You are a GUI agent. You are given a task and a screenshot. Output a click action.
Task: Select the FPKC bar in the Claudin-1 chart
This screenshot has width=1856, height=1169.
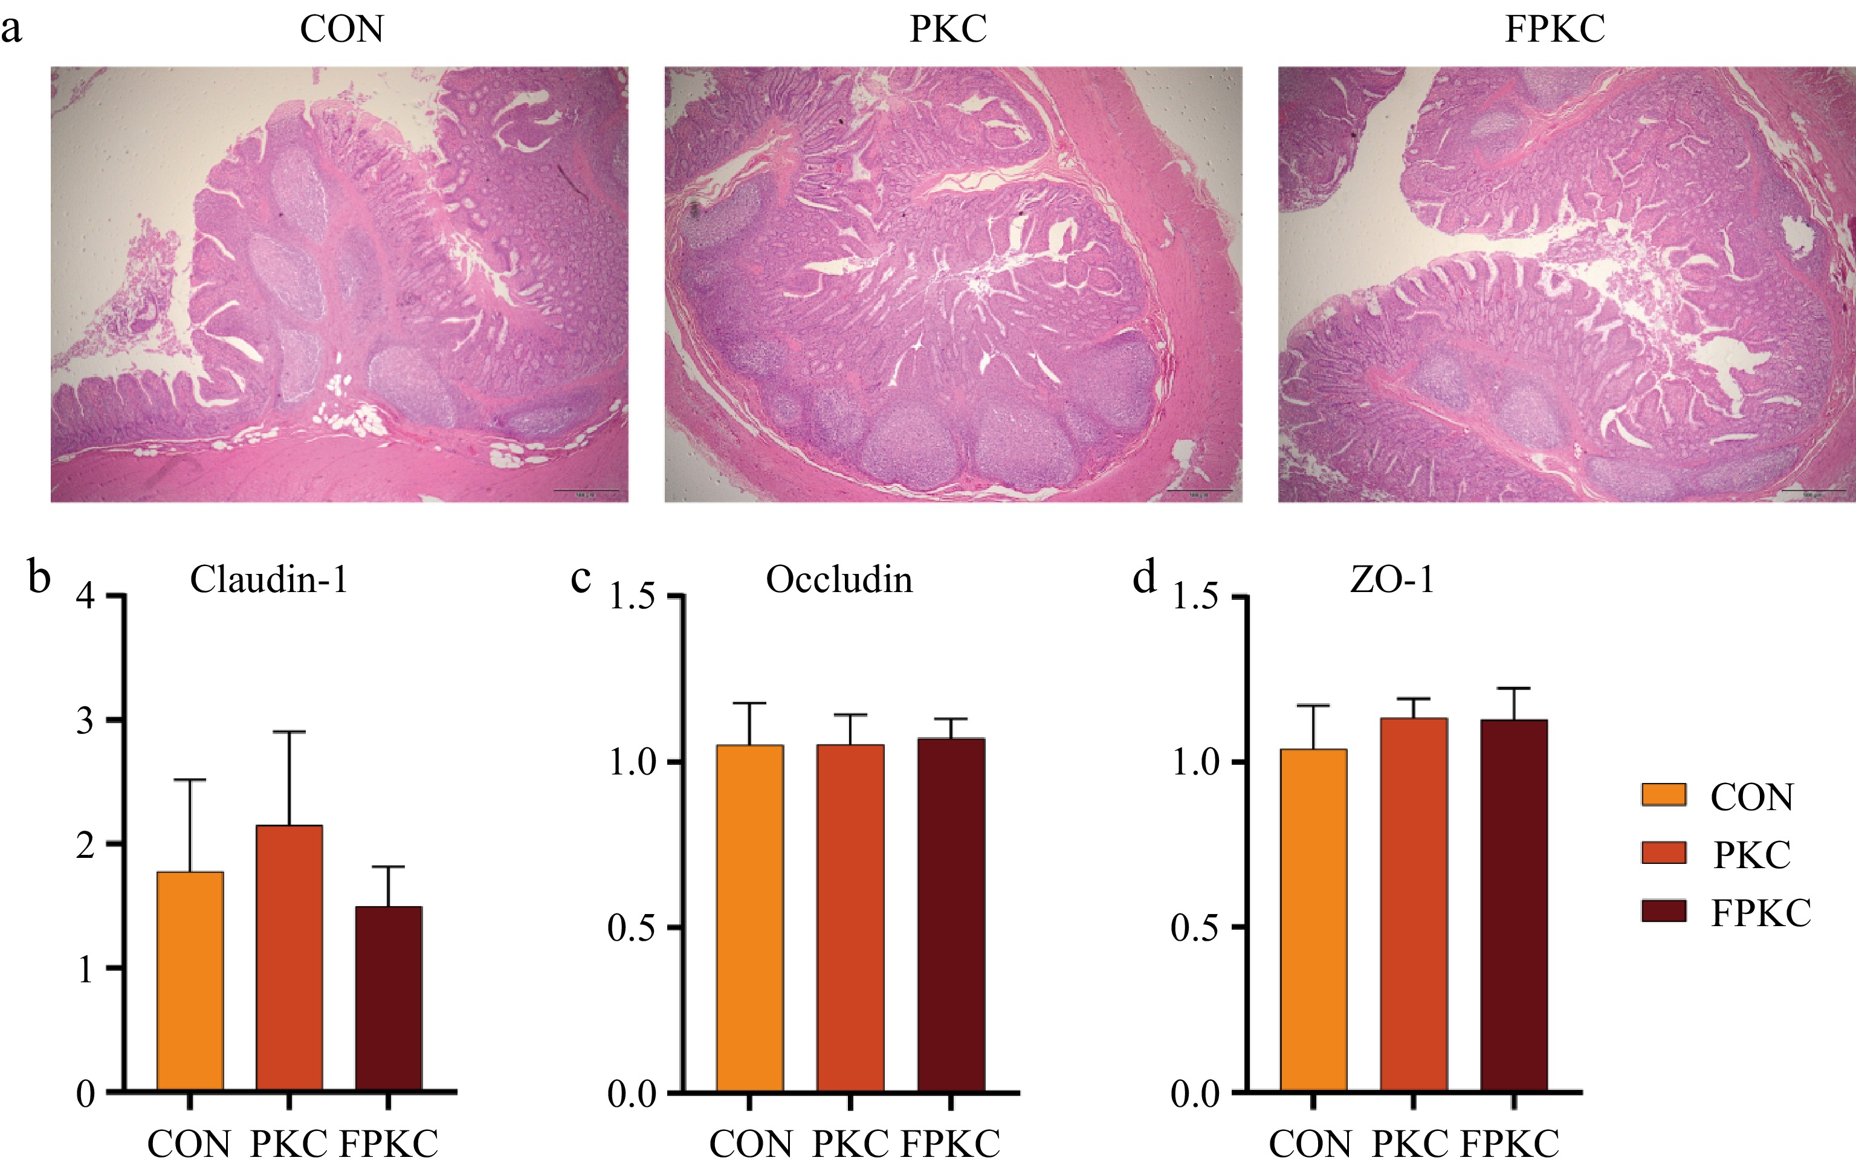(389, 999)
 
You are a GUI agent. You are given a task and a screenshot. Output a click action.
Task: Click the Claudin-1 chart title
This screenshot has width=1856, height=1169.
(269, 579)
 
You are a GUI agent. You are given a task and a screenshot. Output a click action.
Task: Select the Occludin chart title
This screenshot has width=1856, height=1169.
(839, 579)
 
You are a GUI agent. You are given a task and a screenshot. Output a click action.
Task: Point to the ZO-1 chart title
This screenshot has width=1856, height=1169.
(1392, 579)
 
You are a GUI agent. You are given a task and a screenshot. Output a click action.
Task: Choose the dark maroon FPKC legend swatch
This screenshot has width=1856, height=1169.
(1663, 911)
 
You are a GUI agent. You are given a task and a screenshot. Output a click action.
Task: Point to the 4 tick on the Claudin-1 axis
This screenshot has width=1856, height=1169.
(86, 596)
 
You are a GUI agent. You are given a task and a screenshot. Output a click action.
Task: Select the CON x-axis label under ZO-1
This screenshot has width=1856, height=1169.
(1310, 1144)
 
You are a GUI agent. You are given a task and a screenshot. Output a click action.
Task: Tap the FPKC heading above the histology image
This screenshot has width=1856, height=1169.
(1554, 29)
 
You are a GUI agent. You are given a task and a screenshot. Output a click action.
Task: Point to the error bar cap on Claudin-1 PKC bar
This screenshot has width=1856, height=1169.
(289, 731)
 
